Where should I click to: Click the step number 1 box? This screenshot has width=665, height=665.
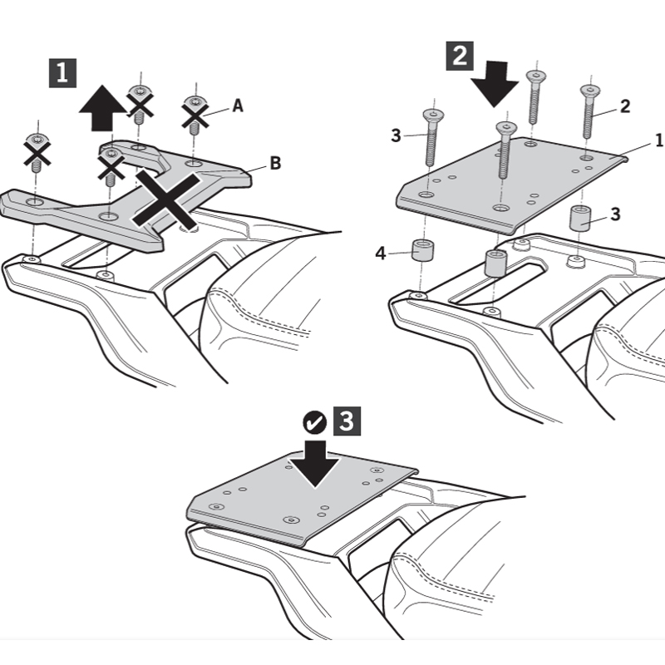63,73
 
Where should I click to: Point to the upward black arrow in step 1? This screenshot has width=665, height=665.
102,108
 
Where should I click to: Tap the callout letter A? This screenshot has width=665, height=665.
238,106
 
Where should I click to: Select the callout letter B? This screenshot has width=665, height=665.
275,163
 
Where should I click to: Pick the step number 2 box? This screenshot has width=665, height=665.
460,56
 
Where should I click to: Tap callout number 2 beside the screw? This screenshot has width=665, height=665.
625,106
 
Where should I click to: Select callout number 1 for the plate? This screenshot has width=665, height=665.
658,140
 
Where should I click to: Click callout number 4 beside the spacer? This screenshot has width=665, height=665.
381,254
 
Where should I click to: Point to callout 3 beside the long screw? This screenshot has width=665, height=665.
396,135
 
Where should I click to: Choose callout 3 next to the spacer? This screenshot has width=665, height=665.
615,214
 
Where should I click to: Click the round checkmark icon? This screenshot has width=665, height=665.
315,423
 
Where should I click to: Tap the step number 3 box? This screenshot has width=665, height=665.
347,421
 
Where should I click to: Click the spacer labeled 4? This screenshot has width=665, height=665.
422,251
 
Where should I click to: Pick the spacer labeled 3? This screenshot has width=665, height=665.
579,218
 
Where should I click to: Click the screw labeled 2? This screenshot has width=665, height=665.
589,111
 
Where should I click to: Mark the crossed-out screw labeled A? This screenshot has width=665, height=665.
195,115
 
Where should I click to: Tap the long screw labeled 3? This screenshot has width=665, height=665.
432,137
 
